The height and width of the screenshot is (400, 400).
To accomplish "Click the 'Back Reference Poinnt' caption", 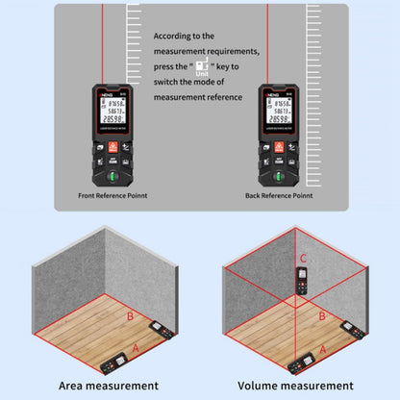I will (279, 194).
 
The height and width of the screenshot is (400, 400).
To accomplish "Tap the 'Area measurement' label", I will (108, 385).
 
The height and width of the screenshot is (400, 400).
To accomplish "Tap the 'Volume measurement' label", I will (292, 385).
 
